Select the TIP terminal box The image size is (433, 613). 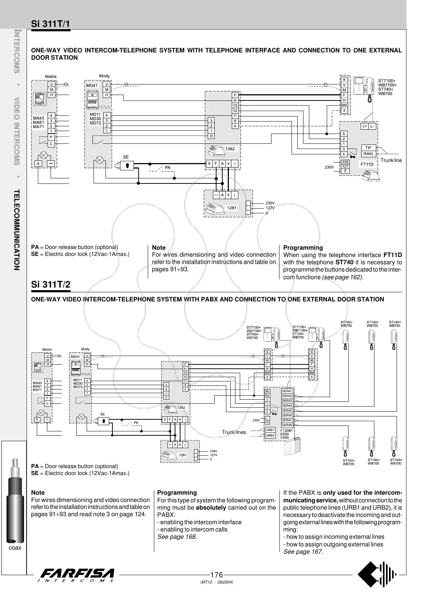pyautogui.click(x=368, y=148)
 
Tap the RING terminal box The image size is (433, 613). pyautogui.click(x=368, y=154)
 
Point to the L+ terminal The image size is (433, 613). pyautogui.click(x=365, y=126)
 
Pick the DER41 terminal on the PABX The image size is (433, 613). pyautogui.click(x=287, y=391)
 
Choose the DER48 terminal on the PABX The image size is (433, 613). pyautogui.click(x=287, y=425)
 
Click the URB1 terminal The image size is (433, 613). pyautogui.click(x=270, y=430)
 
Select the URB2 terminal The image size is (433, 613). pyautogui.click(x=270, y=435)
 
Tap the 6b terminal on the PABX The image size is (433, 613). pyautogui.click(x=267, y=391)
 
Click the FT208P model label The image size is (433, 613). pyautogui.click(x=286, y=431)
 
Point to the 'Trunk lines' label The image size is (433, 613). pyautogui.click(x=234, y=432)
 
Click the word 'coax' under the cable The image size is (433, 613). pyautogui.click(x=15, y=548)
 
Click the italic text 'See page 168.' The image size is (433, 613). pyautogui.click(x=177, y=537)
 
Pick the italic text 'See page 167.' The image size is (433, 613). pyautogui.click(x=303, y=552)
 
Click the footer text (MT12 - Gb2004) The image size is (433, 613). pyautogui.click(x=216, y=582)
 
